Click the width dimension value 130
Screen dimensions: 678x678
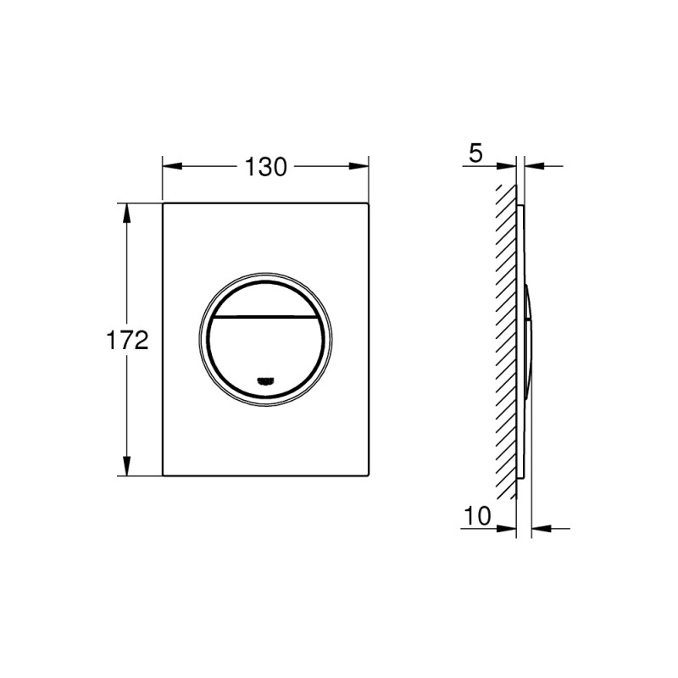click(x=267, y=167)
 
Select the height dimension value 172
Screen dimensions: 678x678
click(x=128, y=341)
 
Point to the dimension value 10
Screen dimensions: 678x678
click(x=478, y=516)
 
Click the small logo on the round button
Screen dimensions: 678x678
click(x=266, y=380)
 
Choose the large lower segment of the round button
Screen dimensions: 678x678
click(x=266, y=347)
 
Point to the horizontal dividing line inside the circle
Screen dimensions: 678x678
click(x=266, y=314)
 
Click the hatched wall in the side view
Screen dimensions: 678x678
click(x=506, y=339)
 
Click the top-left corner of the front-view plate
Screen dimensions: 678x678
click(x=163, y=203)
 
